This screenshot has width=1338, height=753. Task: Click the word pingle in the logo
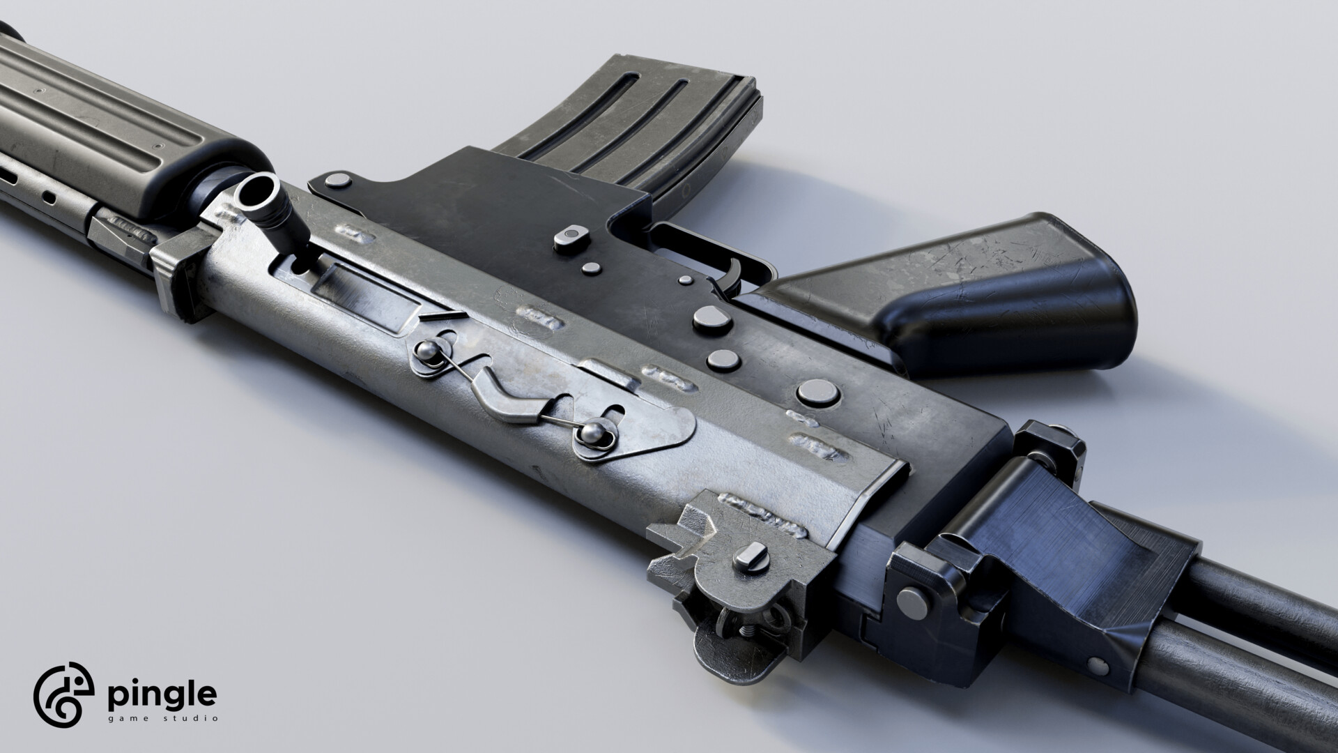tap(161, 698)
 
